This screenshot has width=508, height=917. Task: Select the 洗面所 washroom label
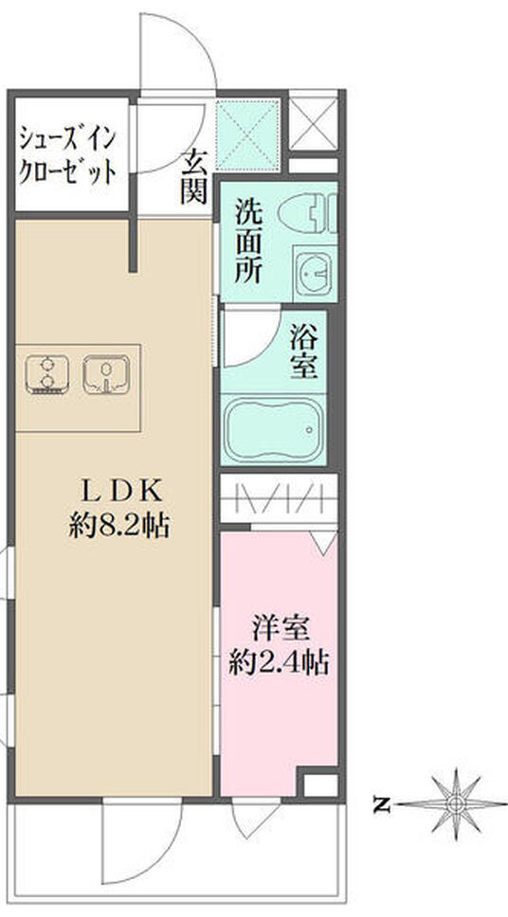point(253,243)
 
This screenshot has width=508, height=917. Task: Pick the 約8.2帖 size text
point(121,525)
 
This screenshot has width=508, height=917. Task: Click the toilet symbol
point(317,215)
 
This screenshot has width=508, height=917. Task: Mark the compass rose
point(457,803)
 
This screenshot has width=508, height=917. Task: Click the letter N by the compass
point(381,805)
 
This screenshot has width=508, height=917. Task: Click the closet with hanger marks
point(280,498)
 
